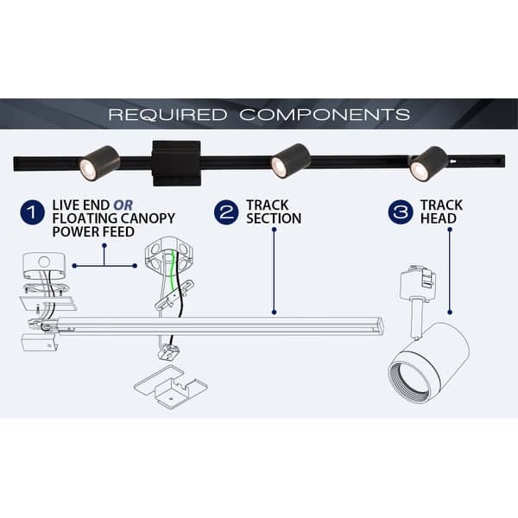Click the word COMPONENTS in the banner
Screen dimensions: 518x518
point(325,114)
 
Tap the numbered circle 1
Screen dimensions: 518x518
point(32,212)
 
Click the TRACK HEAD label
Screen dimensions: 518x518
point(441,212)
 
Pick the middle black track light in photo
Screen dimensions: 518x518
point(290,161)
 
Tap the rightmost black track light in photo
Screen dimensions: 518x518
point(427,163)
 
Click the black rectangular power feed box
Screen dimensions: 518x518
point(175,161)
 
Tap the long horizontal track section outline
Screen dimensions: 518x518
point(259,326)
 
